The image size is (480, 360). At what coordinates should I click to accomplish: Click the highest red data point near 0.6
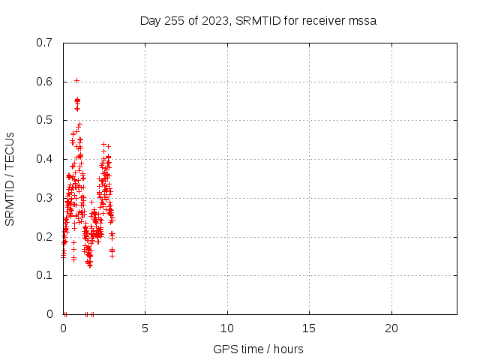coord(76,81)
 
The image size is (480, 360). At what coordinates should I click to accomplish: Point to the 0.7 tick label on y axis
coord(44,43)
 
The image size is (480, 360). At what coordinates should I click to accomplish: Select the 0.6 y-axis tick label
coord(44,82)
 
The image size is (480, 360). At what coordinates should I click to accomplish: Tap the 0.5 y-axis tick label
coord(44,120)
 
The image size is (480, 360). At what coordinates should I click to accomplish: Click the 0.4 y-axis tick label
coord(44,159)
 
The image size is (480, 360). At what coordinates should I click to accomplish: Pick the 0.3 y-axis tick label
coord(44,198)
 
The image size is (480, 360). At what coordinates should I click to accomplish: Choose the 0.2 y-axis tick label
coord(44,237)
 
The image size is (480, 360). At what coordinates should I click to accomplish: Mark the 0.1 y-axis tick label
coord(44,275)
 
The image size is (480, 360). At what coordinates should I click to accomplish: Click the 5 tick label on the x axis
coord(145,328)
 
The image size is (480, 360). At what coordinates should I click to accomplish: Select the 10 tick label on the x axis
coord(227,328)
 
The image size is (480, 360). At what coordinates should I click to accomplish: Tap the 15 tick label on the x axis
coord(309,328)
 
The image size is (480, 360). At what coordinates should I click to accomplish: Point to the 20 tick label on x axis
coord(391,328)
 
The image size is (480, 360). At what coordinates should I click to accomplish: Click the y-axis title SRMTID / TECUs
coord(10,179)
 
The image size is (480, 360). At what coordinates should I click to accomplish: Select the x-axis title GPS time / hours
coord(258,349)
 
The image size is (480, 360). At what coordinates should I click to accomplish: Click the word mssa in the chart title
coord(362,21)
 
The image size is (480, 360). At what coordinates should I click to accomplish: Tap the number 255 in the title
coord(175,21)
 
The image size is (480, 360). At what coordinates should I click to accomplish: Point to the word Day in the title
coord(151,21)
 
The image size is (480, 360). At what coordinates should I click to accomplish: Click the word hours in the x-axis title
coord(288,349)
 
